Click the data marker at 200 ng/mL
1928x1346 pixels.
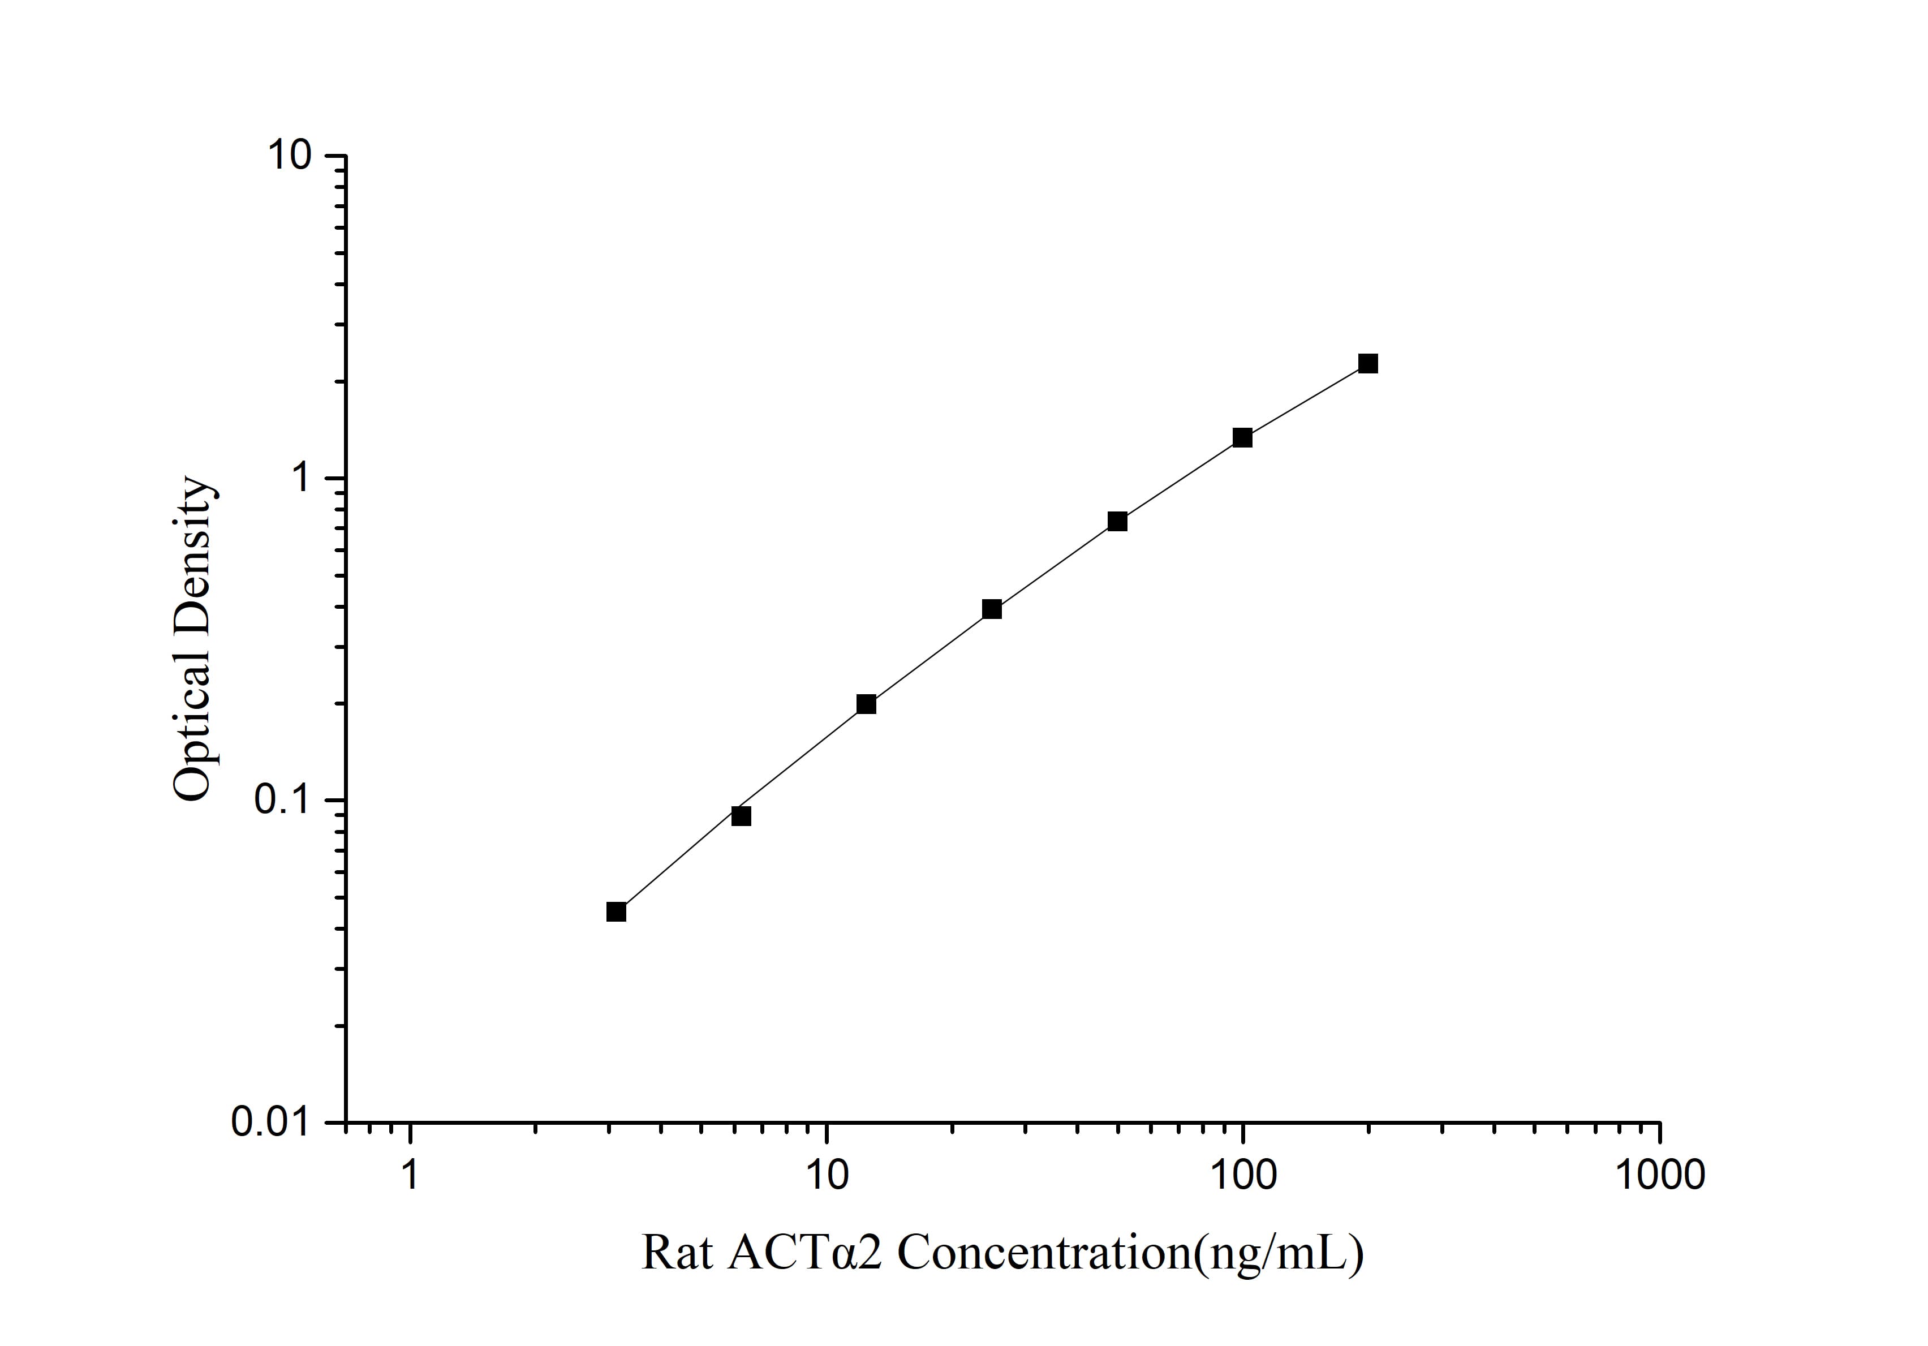click(1368, 364)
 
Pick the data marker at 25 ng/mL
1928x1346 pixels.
click(992, 609)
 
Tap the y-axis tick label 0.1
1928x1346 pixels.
click(282, 800)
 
